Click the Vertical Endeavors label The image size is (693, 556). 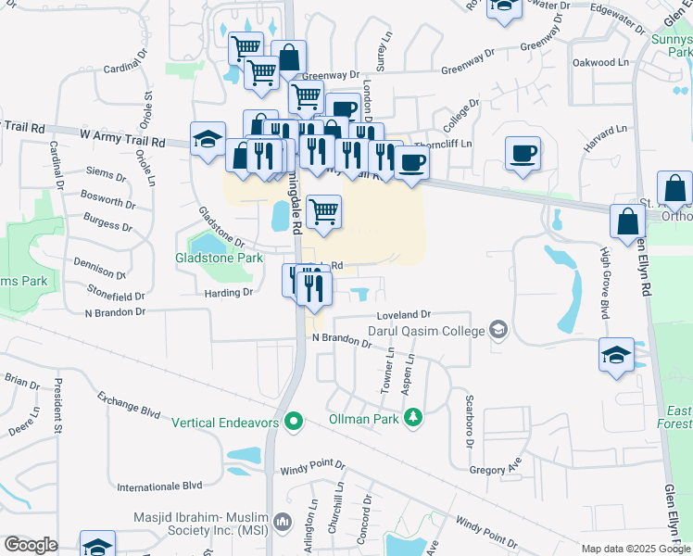(229, 423)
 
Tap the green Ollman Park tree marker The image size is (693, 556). (412, 418)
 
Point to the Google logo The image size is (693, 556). (31, 545)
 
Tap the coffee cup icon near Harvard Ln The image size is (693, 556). (523, 152)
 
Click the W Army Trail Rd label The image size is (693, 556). (122, 139)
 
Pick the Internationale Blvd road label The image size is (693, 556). (159, 486)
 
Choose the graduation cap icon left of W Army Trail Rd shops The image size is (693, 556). (208, 140)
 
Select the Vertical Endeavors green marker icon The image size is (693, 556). (295, 423)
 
